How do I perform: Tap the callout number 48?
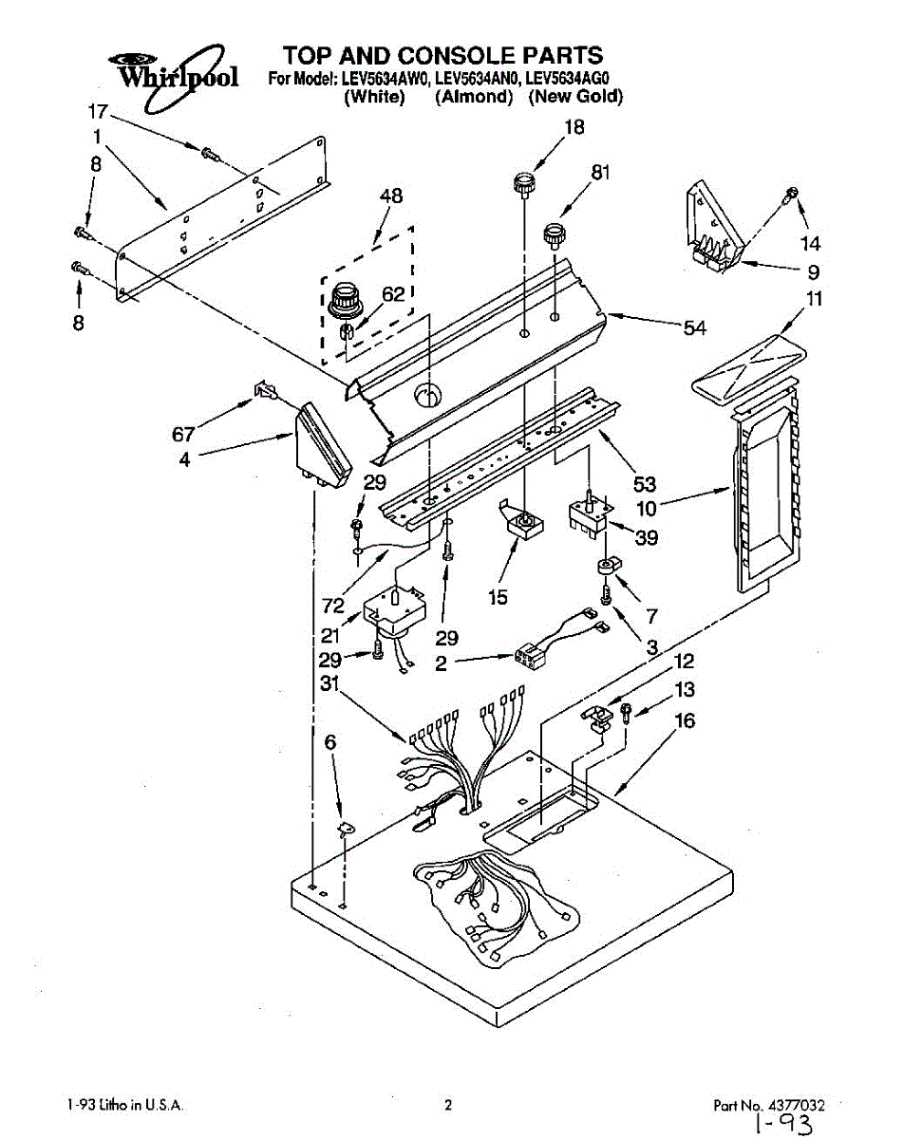[390, 196]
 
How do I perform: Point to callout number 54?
[696, 327]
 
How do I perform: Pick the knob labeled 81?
[549, 233]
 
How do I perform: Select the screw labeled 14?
[788, 196]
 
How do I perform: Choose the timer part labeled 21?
[395, 607]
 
